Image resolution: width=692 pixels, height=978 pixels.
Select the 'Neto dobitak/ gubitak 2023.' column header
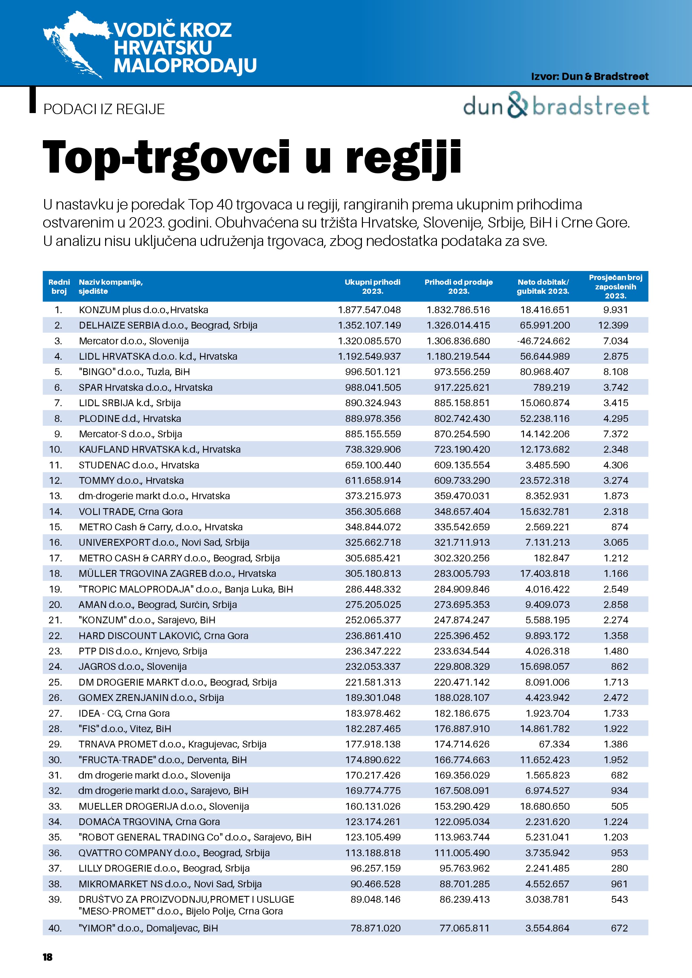(543, 287)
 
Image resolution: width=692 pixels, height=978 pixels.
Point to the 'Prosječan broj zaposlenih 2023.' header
(615, 287)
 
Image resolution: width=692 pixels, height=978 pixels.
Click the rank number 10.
(55, 449)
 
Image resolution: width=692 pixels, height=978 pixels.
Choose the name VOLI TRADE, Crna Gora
(130, 512)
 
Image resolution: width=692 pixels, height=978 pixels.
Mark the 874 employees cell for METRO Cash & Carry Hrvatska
(620, 527)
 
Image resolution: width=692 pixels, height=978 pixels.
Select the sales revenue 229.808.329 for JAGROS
(462, 666)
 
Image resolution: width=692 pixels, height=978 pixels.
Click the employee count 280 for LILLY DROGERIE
(620, 869)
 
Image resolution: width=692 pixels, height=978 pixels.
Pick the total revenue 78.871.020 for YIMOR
(375, 928)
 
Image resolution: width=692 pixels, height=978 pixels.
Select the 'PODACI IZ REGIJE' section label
(104, 109)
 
